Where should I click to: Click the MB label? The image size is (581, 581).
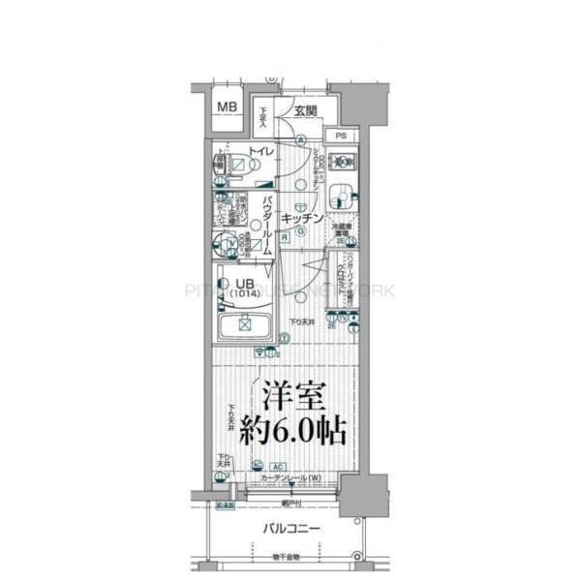tap(226, 107)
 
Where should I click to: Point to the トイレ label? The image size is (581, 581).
tap(261, 152)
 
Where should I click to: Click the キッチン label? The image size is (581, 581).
tap(301, 220)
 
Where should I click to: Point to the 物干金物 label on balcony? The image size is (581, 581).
tap(286, 557)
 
